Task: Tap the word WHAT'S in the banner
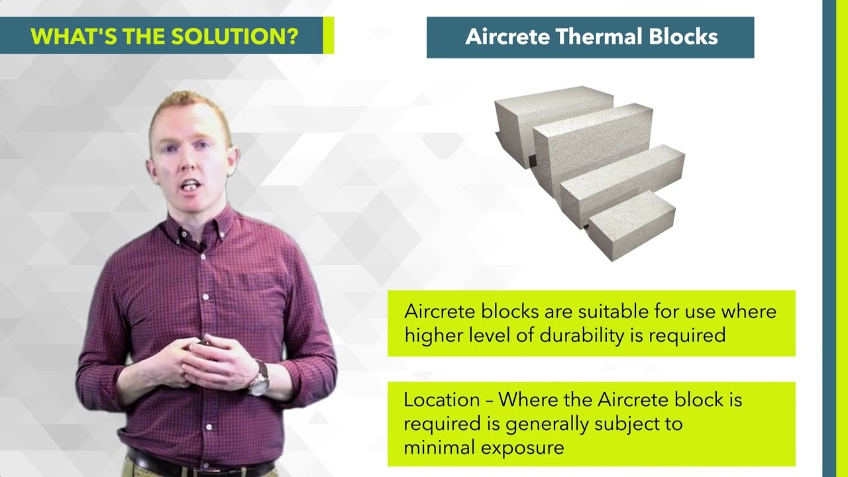[65, 36]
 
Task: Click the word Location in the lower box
[441, 400]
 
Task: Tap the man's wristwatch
[260, 382]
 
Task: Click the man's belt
[199, 464]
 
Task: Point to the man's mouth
[190, 185]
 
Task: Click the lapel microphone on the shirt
[201, 246]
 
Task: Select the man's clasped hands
[205, 361]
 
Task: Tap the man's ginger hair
[189, 106]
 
